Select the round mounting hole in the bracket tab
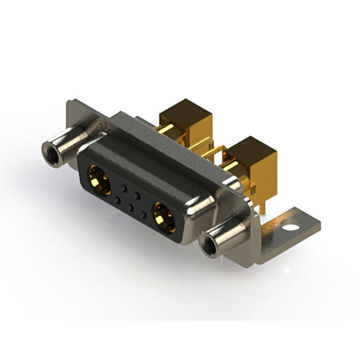291,229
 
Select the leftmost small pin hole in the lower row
117,197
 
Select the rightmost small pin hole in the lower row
144,215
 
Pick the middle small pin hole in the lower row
130,206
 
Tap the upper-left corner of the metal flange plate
69,105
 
